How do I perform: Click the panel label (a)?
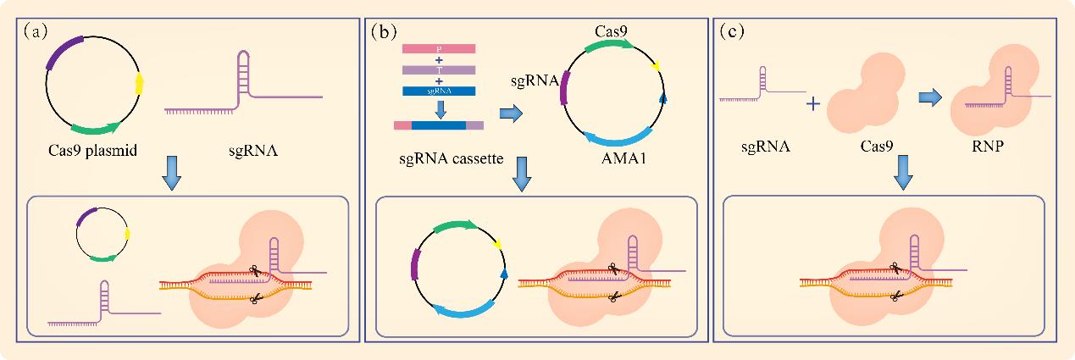(36, 31)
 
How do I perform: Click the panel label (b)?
(383, 31)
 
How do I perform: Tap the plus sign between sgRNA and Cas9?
(812, 104)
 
